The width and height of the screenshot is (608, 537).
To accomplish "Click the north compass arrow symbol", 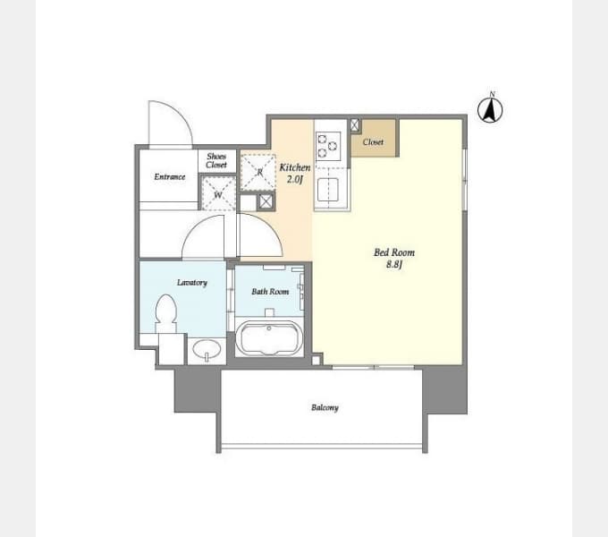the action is point(490,110).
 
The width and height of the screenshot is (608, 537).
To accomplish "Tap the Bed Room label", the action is point(394,252).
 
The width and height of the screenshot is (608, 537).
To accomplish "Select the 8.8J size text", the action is point(394,265).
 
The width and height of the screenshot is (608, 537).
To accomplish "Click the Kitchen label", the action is point(295,167).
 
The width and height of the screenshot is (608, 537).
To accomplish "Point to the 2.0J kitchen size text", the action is point(294,179).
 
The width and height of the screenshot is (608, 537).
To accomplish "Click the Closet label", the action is point(373,142).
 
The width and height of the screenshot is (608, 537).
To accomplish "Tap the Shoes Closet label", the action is point(216,160).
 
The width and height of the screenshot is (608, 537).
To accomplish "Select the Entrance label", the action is point(170,177).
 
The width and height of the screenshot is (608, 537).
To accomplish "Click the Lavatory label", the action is point(192,283).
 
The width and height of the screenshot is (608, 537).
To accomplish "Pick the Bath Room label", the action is point(270,292).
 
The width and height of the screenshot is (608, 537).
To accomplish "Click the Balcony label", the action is point(325,407).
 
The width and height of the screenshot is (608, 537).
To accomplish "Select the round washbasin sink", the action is point(207,350).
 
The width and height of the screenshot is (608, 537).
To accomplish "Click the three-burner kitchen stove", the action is point(328,146).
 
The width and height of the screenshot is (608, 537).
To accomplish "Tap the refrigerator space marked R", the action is point(258,172).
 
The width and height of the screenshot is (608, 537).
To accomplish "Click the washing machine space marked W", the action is point(218,193).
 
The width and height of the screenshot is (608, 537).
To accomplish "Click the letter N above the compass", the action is point(492,94).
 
